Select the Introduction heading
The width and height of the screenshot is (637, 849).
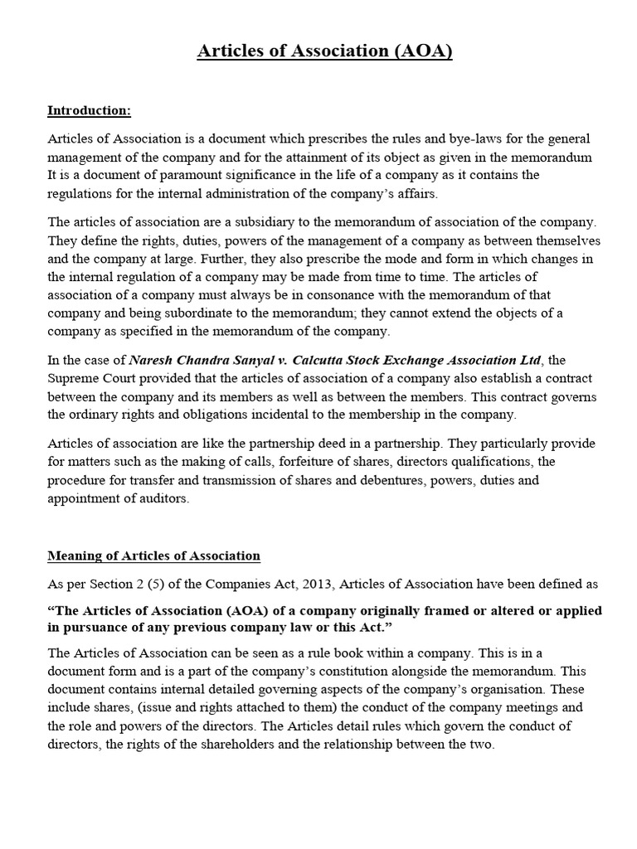[x=89, y=110]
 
